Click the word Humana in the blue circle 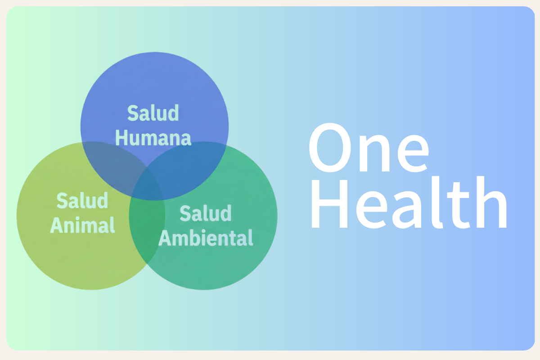[153, 138]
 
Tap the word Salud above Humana [153, 113]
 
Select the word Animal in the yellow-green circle [82, 225]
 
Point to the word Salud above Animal [82, 200]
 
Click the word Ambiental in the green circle [206, 238]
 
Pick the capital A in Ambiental [165, 238]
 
